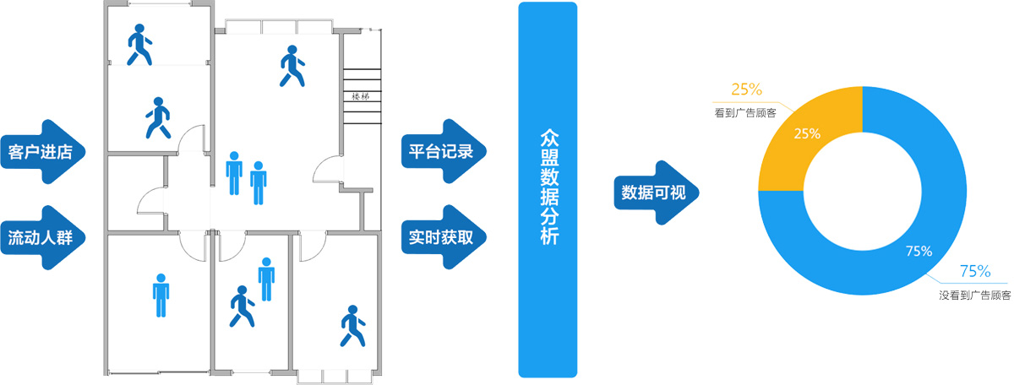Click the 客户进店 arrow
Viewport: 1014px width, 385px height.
42,152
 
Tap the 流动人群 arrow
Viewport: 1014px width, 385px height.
42,237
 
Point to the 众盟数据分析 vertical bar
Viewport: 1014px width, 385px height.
548,189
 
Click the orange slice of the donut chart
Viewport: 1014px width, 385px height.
803,135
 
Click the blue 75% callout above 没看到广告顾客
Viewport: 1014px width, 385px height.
974,271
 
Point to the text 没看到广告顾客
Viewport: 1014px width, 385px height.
974,296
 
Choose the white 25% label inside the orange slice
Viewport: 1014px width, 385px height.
807,133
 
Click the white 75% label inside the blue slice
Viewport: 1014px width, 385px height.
919,251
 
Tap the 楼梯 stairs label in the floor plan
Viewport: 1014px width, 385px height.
360,96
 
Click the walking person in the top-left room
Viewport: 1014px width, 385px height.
139,45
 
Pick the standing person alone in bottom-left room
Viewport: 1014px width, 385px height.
161,296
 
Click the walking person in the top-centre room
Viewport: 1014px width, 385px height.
292,66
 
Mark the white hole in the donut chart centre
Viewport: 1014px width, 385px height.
862,191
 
